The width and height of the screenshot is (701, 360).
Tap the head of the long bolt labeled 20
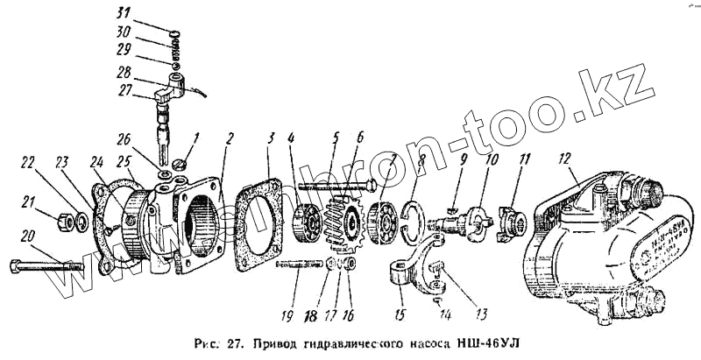pyautogui.click(x=16, y=262)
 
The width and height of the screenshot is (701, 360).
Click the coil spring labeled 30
pyautogui.click(x=174, y=49)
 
